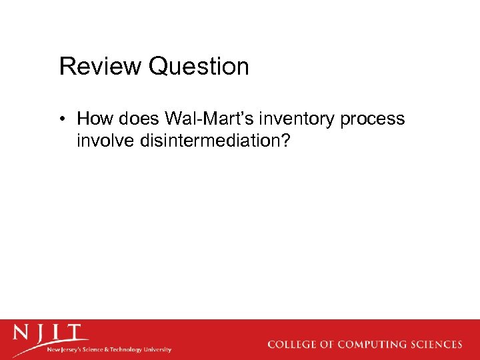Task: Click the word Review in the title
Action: tap(101, 67)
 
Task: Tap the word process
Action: tap(372, 120)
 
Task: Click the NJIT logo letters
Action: tap(50, 333)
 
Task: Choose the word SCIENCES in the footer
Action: tap(439, 345)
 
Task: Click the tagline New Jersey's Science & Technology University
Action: tap(109, 349)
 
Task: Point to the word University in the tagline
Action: tap(157, 349)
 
